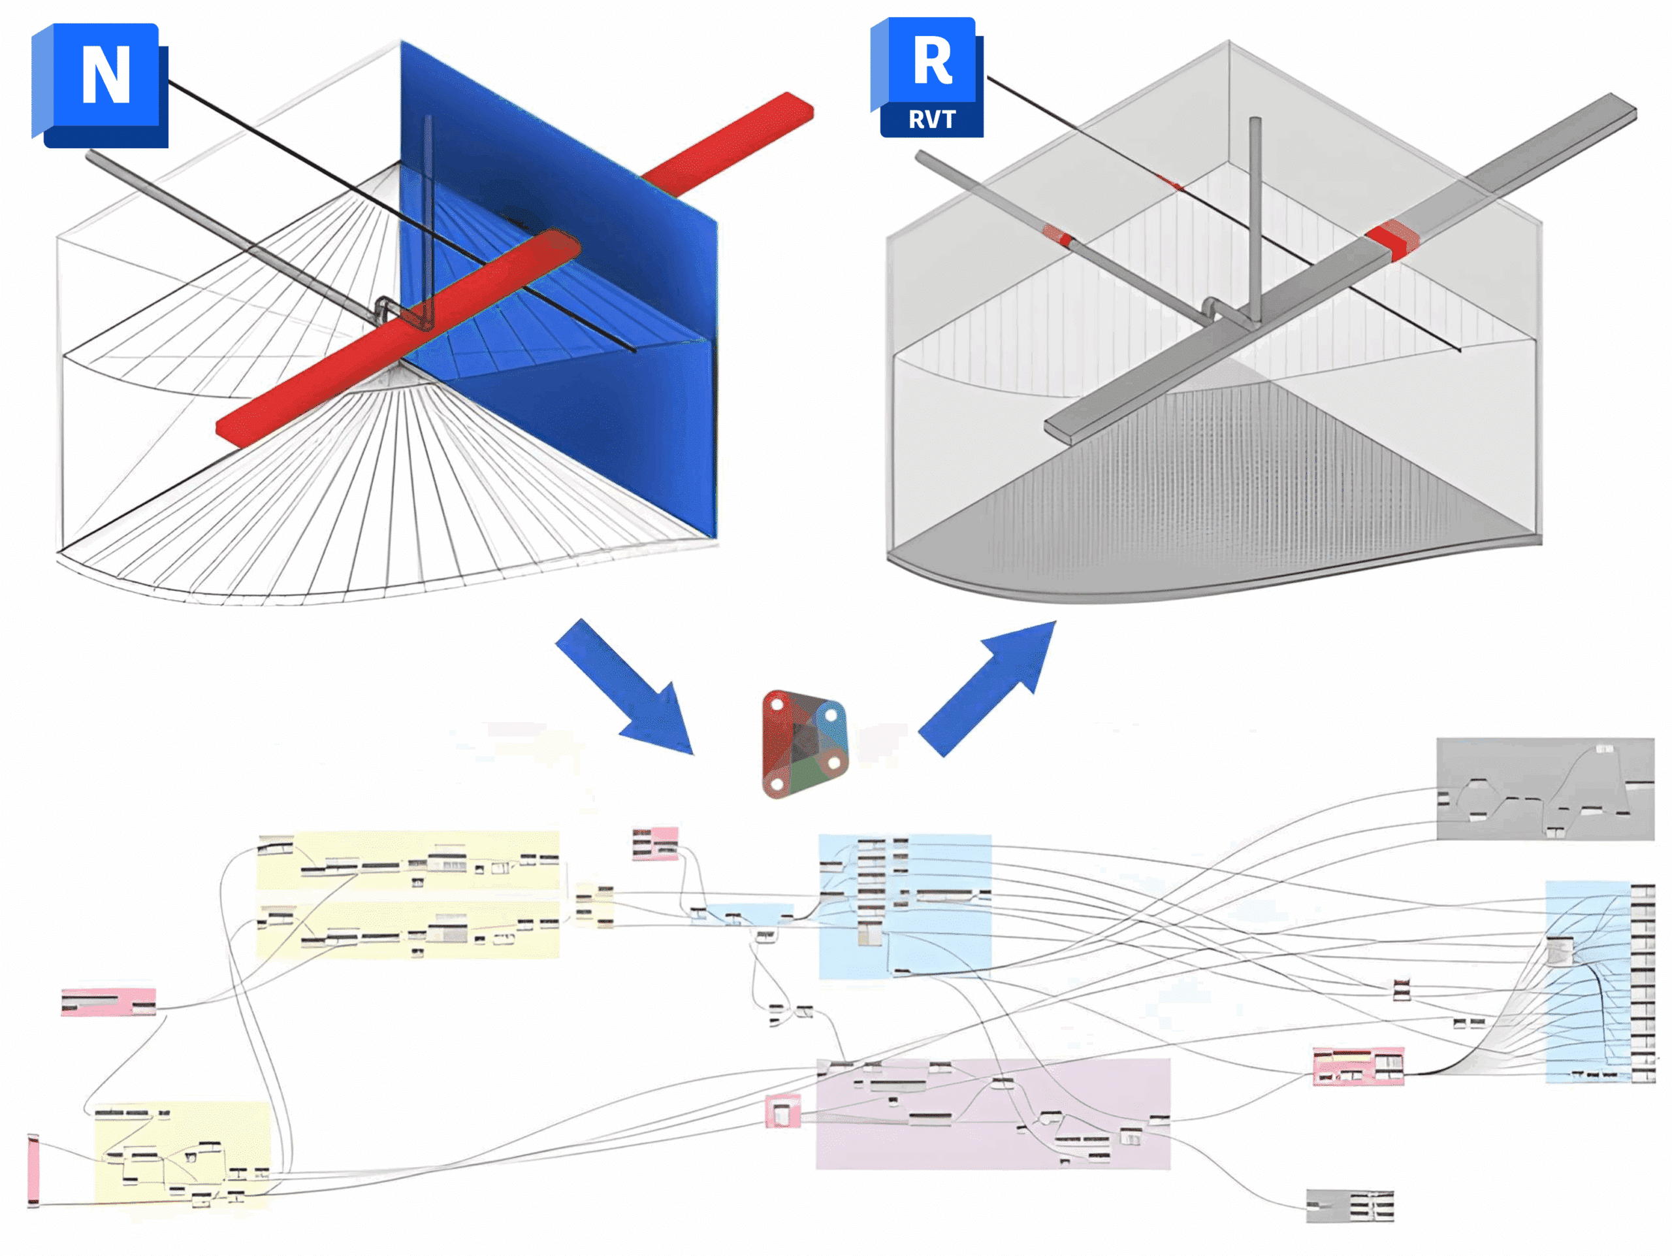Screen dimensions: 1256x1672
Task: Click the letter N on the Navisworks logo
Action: (x=106, y=75)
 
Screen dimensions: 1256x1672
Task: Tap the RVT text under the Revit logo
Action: (x=931, y=120)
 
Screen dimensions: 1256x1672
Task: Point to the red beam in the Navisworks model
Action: (x=393, y=340)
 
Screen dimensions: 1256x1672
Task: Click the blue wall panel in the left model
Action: (x=605, y=423)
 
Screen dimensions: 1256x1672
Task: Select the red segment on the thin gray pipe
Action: (x=1058, y=235)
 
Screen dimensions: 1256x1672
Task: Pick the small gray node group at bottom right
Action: (x=1350, y=1204)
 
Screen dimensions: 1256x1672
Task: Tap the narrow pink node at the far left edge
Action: (x=33, y=1170)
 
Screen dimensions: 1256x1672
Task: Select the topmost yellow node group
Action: (x=408, y=861)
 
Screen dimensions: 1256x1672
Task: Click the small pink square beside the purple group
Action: (x=782, y=1112)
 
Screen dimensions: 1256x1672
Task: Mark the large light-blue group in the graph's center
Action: (x=904, y=906)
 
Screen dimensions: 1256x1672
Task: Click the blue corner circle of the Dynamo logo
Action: (x=831, y=714)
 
